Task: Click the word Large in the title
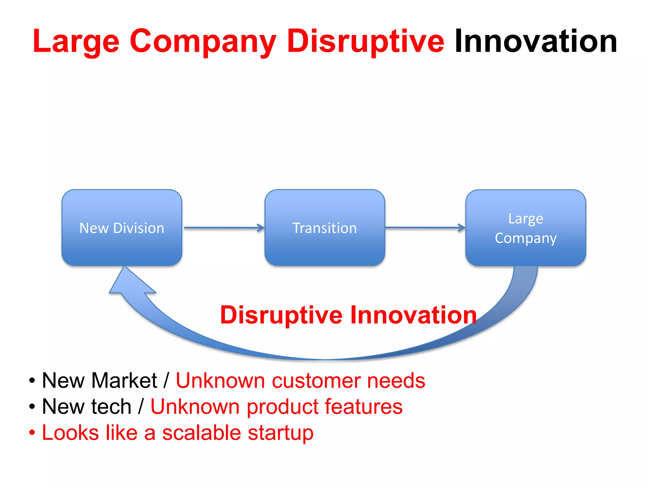point(76,42)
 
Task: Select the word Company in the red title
point(203,42)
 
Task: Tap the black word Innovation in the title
point(536,41)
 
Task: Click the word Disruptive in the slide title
point(365,41)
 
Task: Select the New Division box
point(122,228)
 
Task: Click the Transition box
point(325,228)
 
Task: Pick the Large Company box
point(526,228)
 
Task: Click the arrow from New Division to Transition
point(224,228)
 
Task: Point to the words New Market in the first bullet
point(99,380)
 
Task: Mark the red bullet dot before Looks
point(32,433)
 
